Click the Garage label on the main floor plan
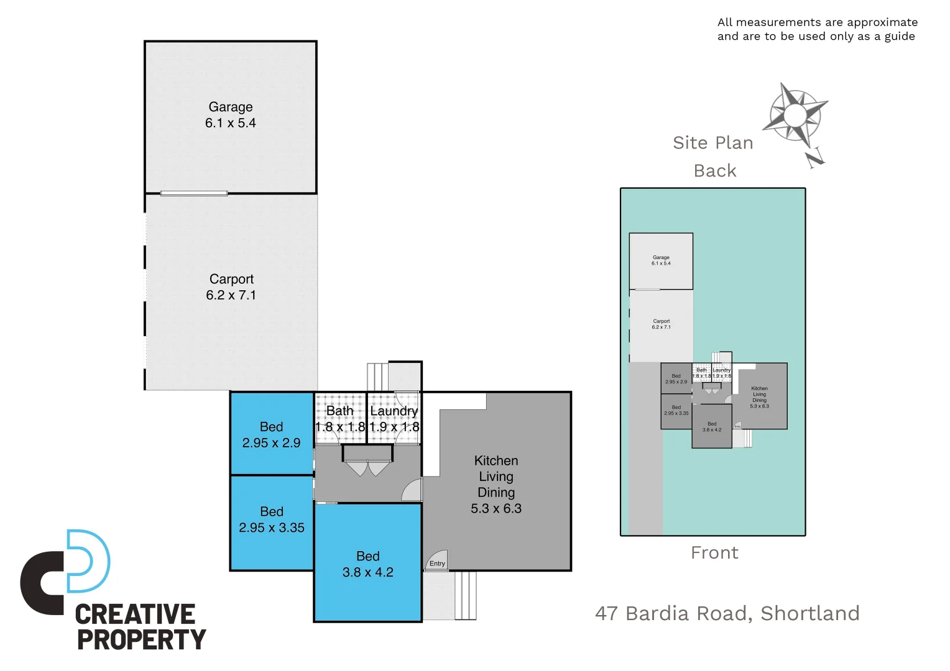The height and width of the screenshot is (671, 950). [230, 107]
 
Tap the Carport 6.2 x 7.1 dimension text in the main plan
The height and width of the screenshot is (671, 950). [231, 295]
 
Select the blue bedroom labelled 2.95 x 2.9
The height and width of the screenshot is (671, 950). [272, 434]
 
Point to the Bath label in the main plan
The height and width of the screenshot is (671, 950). [339, 411]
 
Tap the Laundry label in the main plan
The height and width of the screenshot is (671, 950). [394, 411]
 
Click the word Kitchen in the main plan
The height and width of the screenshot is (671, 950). [496, 460]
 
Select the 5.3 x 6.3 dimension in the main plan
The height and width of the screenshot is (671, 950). [496, 508]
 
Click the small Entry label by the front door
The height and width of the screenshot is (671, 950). [437, 564]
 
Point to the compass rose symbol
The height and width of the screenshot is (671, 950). [795, 114]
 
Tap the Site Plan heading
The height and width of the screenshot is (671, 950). [712, 143]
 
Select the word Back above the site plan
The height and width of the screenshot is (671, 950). [715, 171]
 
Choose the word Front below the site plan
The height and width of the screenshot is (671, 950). [714, 552]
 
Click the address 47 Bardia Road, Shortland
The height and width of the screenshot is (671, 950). [727, 613]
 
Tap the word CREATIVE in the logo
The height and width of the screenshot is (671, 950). [135, 614]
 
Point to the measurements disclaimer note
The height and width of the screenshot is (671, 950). [817, 29]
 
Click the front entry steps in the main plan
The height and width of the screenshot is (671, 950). [465, 595]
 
